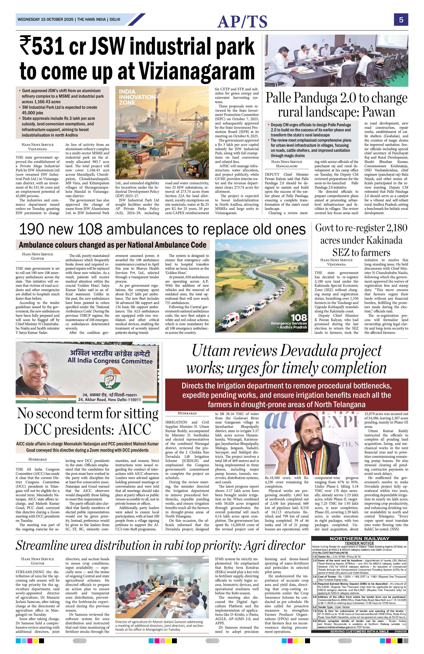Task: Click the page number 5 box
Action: point(401,20)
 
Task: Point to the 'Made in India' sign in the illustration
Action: point(174,144)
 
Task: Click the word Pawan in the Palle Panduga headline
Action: point(378,112)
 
